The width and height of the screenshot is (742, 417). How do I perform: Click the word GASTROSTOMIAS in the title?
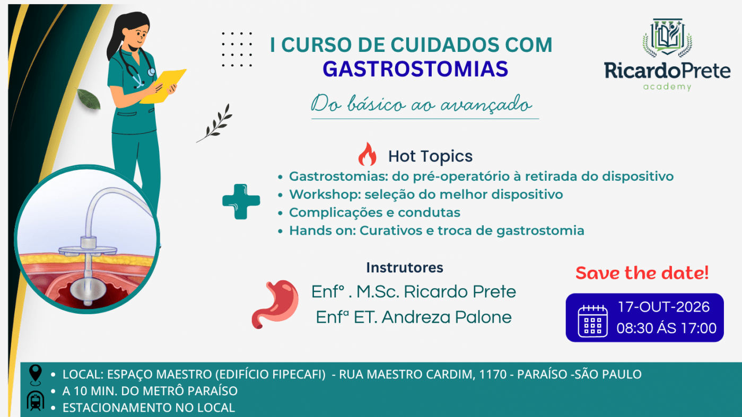(415, 69)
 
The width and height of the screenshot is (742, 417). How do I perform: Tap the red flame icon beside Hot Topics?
(368, 154)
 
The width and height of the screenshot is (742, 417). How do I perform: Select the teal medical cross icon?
(241, 201)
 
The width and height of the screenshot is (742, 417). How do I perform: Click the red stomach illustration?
(275, 304)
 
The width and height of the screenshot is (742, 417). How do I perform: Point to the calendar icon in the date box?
(592, 321)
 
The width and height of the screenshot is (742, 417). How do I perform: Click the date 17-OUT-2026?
(664, 307)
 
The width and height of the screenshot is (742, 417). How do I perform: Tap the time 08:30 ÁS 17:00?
(667, 329)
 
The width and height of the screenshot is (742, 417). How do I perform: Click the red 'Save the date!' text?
(642, 273)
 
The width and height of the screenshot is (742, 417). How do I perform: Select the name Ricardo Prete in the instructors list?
(460, 291)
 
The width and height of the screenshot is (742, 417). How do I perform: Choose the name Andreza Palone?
(447, 317)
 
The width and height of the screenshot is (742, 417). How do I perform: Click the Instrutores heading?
(405, 268)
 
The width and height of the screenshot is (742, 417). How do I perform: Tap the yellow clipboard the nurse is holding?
(163, 86)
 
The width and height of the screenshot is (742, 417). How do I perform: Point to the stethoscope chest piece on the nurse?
(151, 72)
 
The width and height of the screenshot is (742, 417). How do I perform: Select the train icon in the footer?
(36, 401)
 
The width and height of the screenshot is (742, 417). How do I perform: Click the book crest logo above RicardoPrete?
(667, 38)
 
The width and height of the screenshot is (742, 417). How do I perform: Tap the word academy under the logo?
(667, 87)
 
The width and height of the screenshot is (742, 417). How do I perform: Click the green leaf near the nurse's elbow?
(89, 99)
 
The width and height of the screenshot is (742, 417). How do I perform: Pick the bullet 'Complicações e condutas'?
(374, 212)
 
